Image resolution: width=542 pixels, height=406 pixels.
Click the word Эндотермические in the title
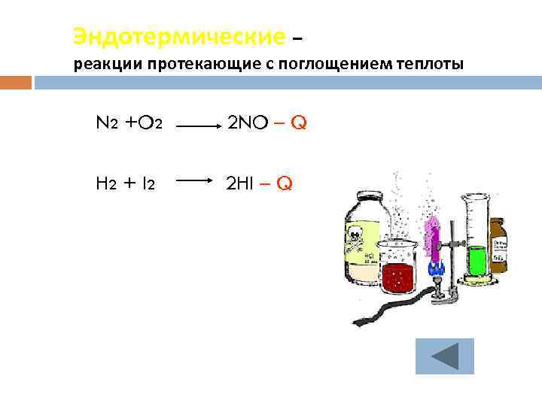tap(179, 35)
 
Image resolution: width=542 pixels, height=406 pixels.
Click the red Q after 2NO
tap(299, 123)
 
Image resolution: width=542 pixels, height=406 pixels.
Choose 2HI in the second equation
tap(242, 182)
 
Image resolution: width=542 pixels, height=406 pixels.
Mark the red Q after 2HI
tap(285, 182)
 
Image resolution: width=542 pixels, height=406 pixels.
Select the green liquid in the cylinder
tap(477, 259)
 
